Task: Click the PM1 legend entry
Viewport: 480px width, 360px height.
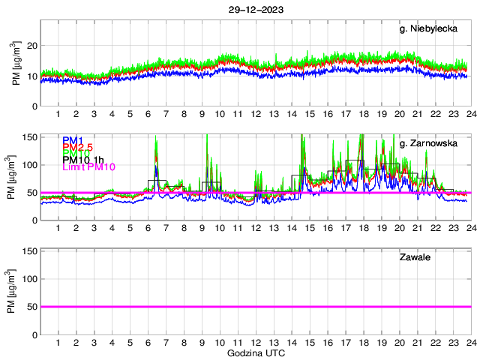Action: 73,140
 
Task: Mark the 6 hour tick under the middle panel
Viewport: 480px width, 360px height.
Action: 148,229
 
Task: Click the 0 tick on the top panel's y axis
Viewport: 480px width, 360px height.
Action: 34,106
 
